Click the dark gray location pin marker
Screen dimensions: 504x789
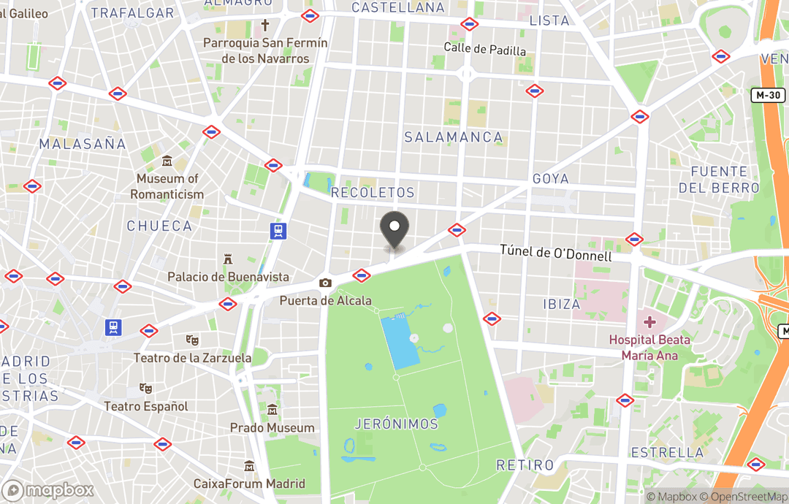(395, 227)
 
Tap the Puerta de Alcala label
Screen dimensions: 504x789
(325, 300)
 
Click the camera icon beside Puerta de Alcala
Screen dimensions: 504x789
(325, 283)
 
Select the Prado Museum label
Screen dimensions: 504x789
(272, 428)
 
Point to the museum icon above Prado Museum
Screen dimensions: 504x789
(272, 410)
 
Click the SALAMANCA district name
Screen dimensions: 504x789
(453, 137)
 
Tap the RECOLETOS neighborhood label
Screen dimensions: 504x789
(373, 193)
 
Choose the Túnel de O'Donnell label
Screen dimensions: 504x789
(555, 252)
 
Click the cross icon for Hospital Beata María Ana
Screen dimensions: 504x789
(649, 322)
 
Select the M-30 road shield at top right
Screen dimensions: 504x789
(767, 95)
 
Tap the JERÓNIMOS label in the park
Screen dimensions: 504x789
(396, 424)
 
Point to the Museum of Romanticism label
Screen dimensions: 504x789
(167, 186)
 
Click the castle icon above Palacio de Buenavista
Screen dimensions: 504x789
(228, 259)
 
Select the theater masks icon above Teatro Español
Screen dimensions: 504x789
(145, 389)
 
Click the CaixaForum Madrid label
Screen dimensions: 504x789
(249, 484)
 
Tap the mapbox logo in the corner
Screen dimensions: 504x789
(47, 489)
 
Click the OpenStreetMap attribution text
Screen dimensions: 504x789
(745, 497)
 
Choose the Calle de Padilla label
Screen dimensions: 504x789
(485, 49)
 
